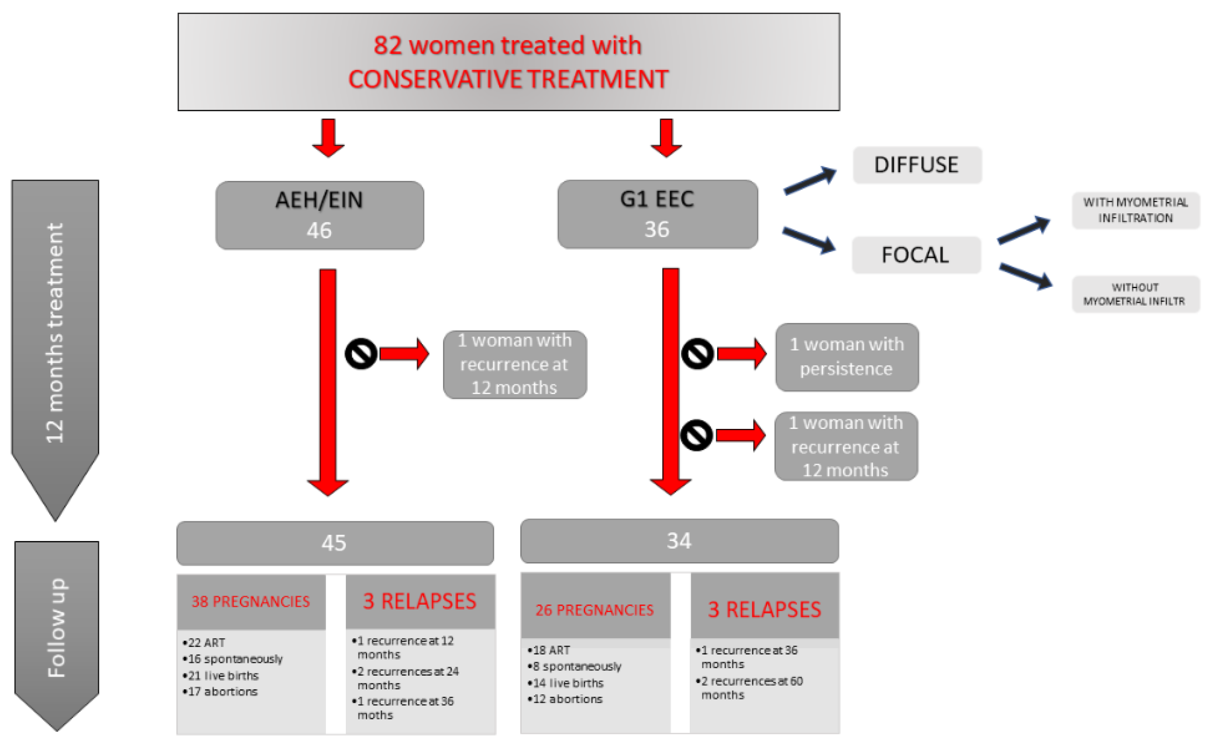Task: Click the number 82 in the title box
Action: [388, 45]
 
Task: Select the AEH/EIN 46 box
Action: [319, 215]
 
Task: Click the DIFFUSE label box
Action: [916, 165]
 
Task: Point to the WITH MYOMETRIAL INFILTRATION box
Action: [1135, 210]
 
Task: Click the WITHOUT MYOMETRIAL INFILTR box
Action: [1135, 294]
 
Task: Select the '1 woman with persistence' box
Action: [846, 357]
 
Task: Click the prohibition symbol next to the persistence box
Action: [697, 354]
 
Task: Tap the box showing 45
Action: [334, 543]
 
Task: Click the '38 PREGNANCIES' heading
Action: [251, 601]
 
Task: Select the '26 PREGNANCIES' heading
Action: [595, 610]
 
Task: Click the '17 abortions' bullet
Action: [222, 692]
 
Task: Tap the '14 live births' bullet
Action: [568, 683]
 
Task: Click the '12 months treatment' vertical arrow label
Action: [55, 333]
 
